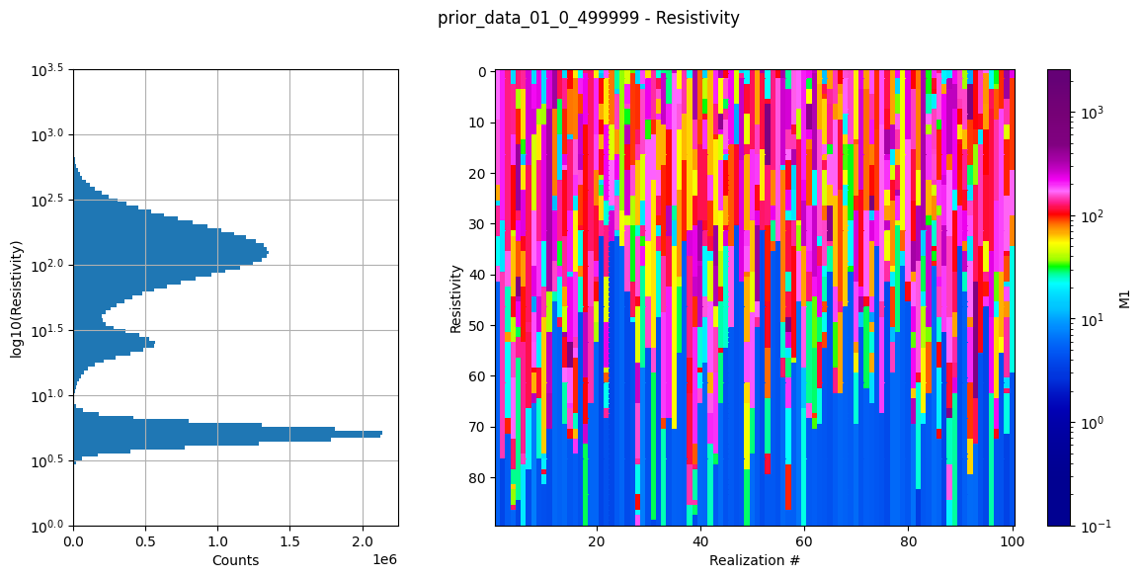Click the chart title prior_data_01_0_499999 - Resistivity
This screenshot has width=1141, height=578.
tap(588, 18)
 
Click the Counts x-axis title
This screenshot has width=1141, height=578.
tap(235, 560)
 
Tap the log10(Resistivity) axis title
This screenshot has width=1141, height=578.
tap(17, 297)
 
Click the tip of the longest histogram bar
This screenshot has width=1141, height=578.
tap(381, 434)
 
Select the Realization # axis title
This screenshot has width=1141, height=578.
tap(754, 560)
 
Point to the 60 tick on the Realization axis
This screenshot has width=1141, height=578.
tap(804, 541)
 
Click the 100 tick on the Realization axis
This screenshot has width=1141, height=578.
tap(1012, 541)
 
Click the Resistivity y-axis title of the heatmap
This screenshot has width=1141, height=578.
tap(456, 297)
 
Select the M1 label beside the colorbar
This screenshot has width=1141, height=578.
tap(1124, 297)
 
